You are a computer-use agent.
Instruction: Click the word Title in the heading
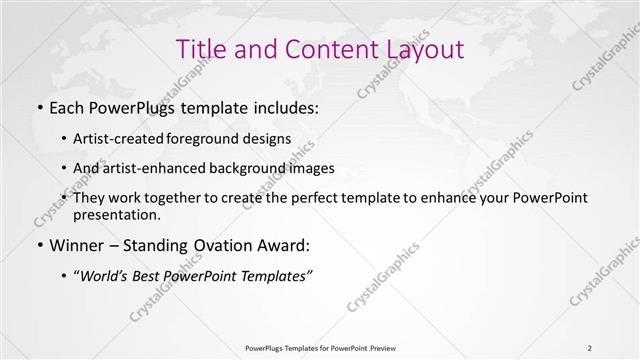pyautogui.click(x=200, y=49)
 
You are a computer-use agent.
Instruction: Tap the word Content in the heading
pyautogui.click(x=323, y=49)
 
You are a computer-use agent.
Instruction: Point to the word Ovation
pyautogui.click(x=222, y=245)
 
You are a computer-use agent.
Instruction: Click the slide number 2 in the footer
pyautogui.click(x=590, y=347)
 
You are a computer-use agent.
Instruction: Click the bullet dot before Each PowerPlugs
pyautogui.click(x=39, y=107)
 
